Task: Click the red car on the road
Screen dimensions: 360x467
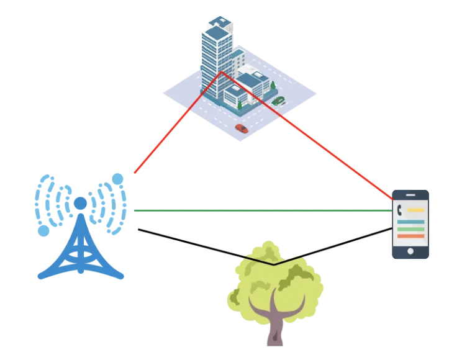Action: click(x=242, y=128)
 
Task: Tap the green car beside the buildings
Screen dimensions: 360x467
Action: click(x=278, y=101)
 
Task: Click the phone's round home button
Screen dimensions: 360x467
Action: click(x=410, y=251)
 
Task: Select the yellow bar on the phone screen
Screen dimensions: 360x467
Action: click(x=415, y=210)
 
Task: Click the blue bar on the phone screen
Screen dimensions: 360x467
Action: click(x=410, y=222)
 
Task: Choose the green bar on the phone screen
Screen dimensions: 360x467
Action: click(x=410, y=229)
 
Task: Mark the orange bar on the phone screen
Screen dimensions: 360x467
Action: click(x=410, y=236)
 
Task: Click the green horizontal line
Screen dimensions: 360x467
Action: click(x=261, y=210)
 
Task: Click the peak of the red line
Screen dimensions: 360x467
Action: click(x=220, y=73)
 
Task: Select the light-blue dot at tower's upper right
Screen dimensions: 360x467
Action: click(x=117, y=179)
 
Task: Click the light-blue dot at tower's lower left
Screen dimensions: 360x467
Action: click(x=43, y=231)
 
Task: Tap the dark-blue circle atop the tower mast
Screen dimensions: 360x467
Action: click(x=80, y=203)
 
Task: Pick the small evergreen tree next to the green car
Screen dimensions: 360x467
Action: click(x=273, y=85)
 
